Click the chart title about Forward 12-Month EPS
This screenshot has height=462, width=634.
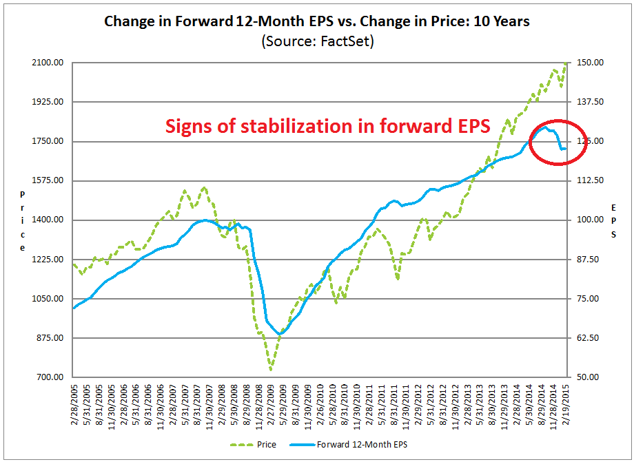(316, 21)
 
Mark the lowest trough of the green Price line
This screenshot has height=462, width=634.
(271, 370)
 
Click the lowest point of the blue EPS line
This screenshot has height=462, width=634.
(280, 335)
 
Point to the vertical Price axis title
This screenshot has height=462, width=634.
(23, 220)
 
